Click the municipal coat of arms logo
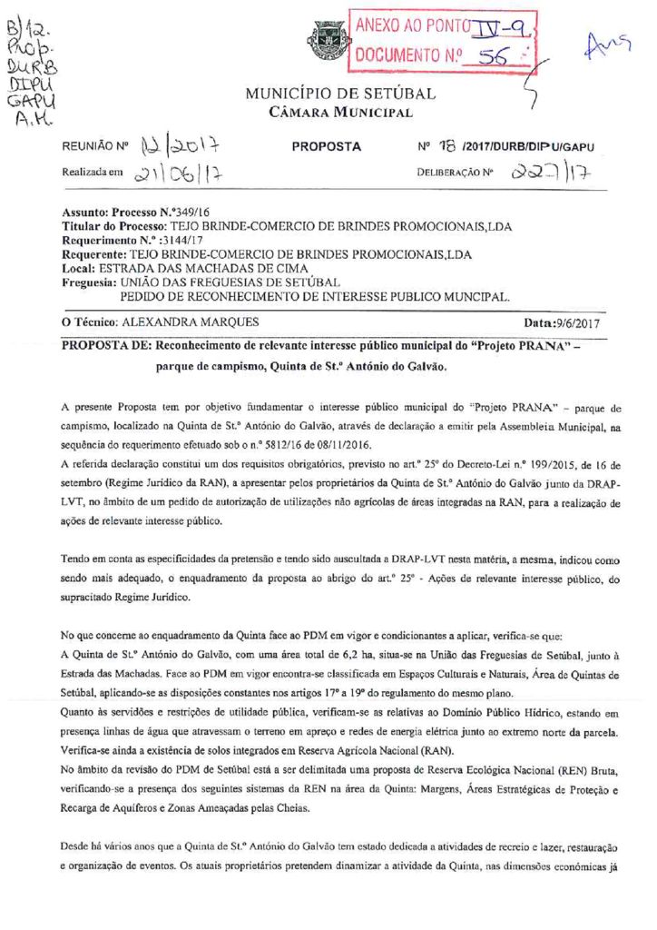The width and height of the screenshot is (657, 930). point(325,43)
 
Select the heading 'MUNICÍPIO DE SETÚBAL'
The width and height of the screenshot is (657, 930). point(340,94)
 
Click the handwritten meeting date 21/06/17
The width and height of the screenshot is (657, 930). point(178,172)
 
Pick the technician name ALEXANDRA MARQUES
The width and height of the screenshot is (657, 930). point(190,322)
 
